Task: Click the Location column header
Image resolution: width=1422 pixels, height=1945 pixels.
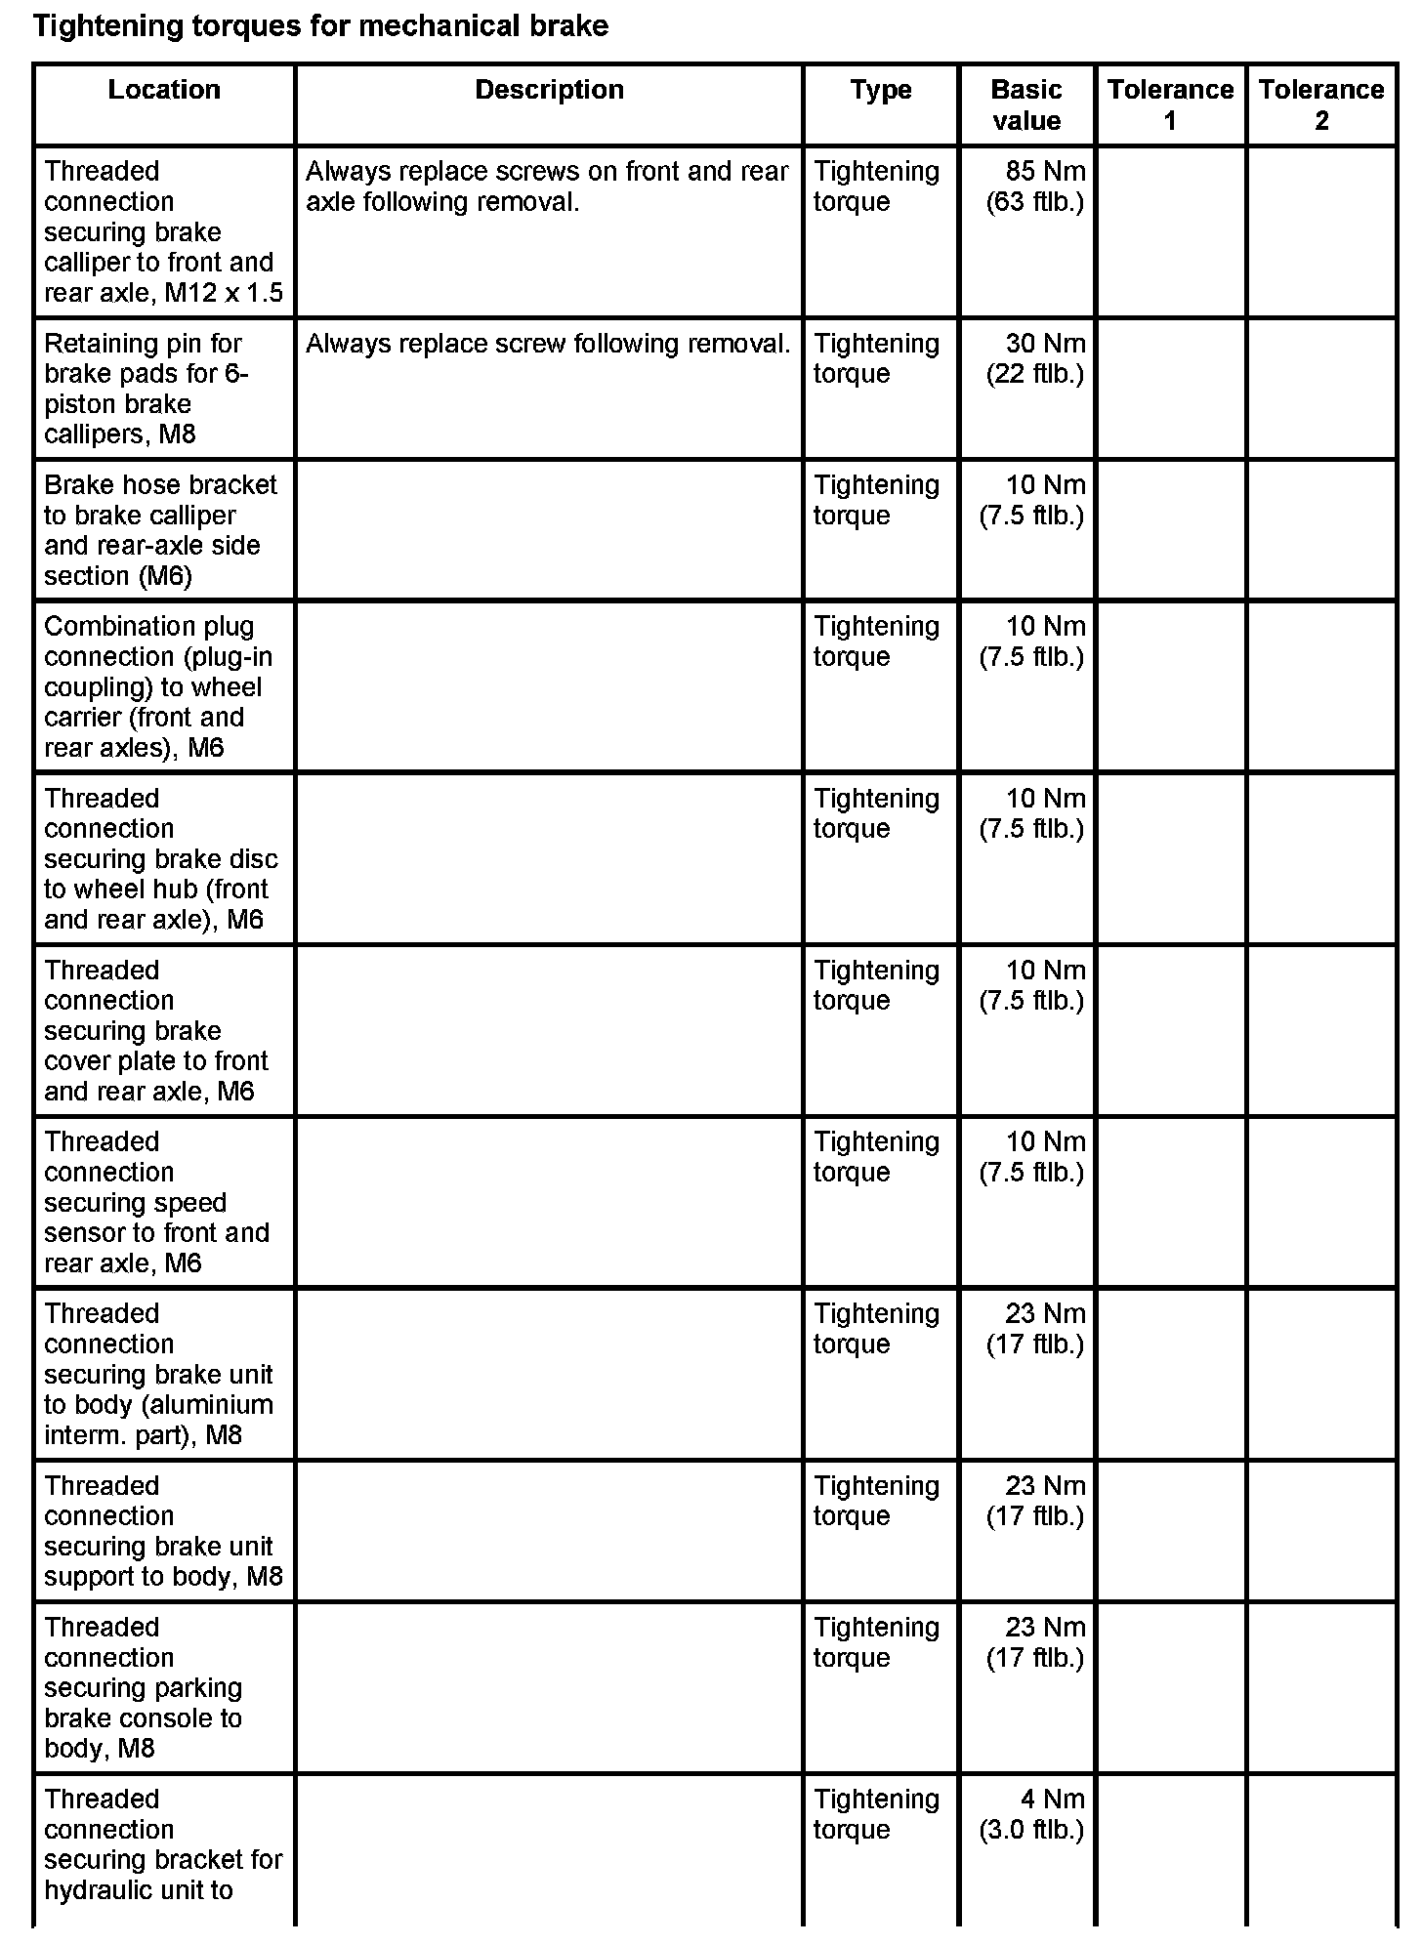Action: point(163,90)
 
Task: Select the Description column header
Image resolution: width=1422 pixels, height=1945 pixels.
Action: point(549,90)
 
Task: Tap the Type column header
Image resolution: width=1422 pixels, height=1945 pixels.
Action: point(880,90)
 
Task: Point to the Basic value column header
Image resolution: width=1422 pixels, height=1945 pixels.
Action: point(1025,105)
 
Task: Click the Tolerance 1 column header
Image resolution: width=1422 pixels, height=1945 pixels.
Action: point(1170,105)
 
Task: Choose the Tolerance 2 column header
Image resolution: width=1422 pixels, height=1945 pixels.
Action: point(1320,105)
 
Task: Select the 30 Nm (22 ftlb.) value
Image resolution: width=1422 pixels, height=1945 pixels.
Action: point(1035,358)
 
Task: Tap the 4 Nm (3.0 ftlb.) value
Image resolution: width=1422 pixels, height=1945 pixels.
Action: point(1033,1814)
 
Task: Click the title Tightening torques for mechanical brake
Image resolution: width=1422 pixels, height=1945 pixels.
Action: point(320,26)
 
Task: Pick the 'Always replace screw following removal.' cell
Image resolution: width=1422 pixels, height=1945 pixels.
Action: point(548,344)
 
